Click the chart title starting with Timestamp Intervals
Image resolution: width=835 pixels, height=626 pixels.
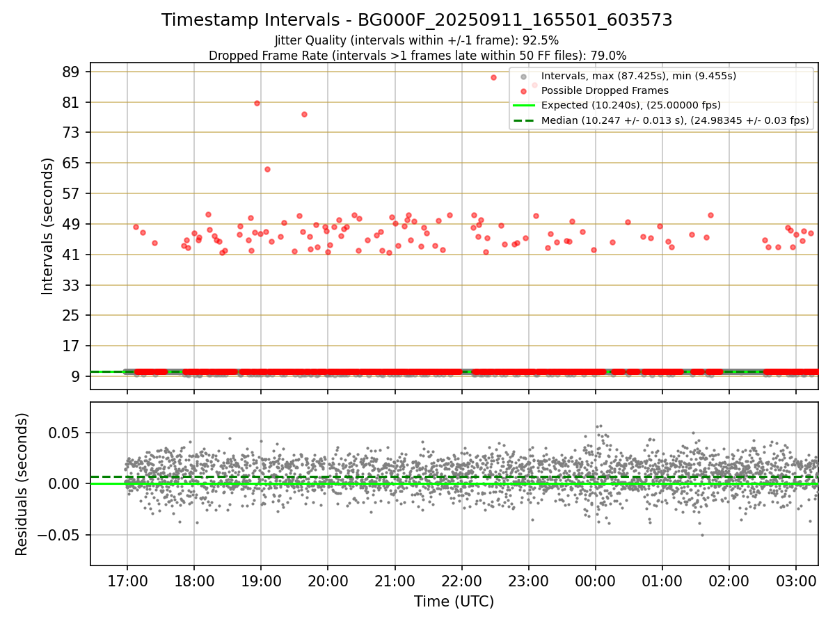[x=417, y=20]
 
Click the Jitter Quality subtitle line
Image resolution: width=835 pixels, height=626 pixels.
[x=417, y=40]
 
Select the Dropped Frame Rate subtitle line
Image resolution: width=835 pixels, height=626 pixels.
[x=417, y=55]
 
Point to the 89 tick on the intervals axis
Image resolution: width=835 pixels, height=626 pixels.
[x=72, y=72]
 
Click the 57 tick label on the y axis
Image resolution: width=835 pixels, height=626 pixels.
[x=72, y=193]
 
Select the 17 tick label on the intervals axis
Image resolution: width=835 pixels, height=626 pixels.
[x=72, y=346]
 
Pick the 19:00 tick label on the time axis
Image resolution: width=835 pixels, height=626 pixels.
[x=260, y=581]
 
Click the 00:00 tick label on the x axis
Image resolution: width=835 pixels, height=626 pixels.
[x=595, y=581]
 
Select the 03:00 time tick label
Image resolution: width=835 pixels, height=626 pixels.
[x=796, y=581]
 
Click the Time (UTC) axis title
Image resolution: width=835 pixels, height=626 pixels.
[x=454, y=602]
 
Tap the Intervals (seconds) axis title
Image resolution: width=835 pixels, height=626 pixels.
[x=48, y=226]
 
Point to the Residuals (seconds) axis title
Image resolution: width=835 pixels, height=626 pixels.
[x=22, y=484]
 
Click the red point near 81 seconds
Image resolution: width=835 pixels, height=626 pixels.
[x=257, y=103]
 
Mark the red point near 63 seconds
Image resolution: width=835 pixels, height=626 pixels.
[x=267, y=169]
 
